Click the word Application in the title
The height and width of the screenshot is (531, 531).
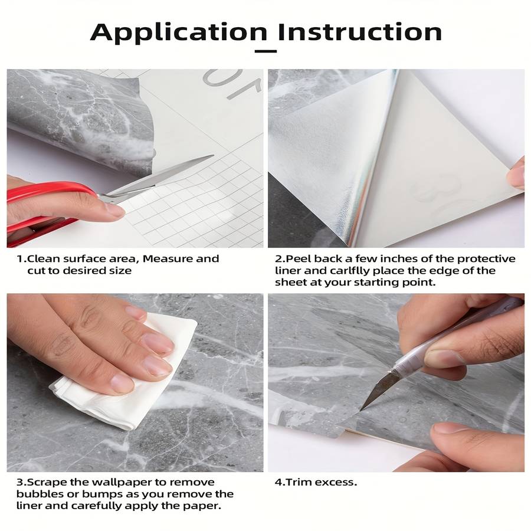point(179,33)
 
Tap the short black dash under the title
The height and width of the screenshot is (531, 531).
point(265,51)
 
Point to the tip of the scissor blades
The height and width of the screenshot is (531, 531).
point(213,155)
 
